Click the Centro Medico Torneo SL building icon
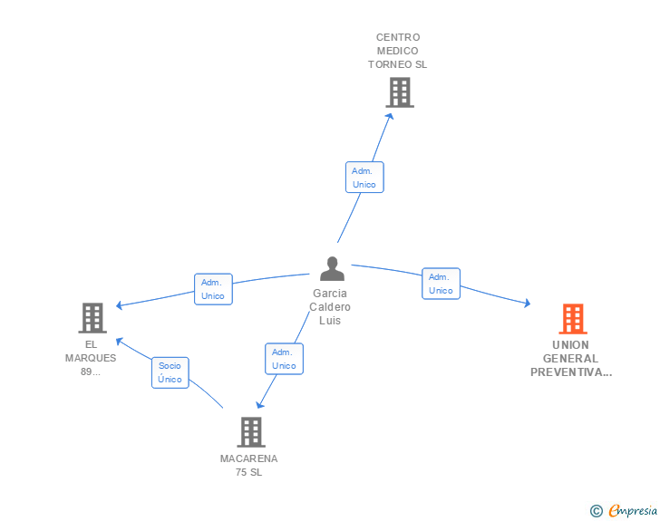399,92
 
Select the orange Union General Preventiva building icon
572,319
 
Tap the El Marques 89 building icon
92,318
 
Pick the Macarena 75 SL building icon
251,432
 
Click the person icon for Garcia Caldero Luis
333,269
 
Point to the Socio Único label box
170,372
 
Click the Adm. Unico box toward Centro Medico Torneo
364,178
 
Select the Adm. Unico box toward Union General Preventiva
441,284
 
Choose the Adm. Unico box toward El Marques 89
213,289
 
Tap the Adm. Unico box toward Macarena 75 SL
284,359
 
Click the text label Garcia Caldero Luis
330,307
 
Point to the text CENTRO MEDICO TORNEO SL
397,51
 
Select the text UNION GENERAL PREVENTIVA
571,358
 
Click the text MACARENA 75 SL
249,465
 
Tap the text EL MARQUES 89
91,358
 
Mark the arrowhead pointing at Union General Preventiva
527,304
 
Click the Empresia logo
633,511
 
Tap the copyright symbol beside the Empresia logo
597,511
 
